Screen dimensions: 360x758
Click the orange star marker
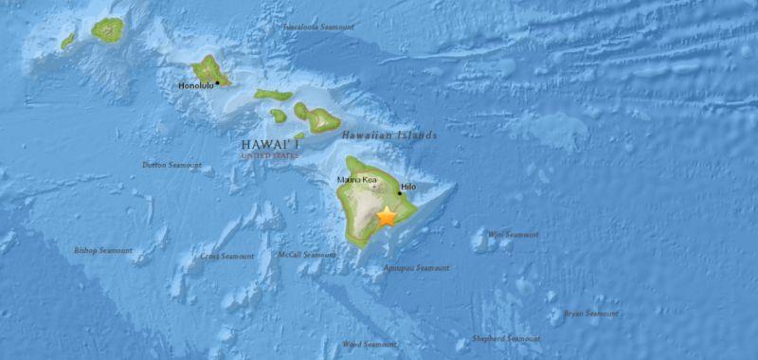pyautogui.click(x=387, y=217)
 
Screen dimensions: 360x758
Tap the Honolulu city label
pyautogui.click(x=195, y=86)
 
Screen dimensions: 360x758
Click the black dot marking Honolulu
pyautogui.click(x=217, y=82)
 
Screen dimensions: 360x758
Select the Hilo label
pyautogui.click(x=407, y=188)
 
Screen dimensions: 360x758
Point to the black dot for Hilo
pyautogui.click(x=399, y=193)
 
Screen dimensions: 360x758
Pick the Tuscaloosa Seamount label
pyautogui.click(x=318, y=27)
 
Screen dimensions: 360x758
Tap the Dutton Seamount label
pyautogui.click(x=171, y=165)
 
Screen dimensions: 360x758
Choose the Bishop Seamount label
pyautogui.click(x=103, y=250)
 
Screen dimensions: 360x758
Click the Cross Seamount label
pyautogui.click(x=226, y=256)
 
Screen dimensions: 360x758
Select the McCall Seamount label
pyautogui.click(x=307, y=255)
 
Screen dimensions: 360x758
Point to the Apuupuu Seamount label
pyautogui.click(x=417, y=268)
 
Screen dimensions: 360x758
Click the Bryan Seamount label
pyautogui.click(x=590, y=313)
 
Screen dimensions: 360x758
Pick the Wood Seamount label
pyautogui.click(x=369, y=344)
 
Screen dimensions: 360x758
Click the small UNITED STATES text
pyautogui.click(x=268, y=154)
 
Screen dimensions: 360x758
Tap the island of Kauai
pyautogui.click(x=107, y=29)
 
